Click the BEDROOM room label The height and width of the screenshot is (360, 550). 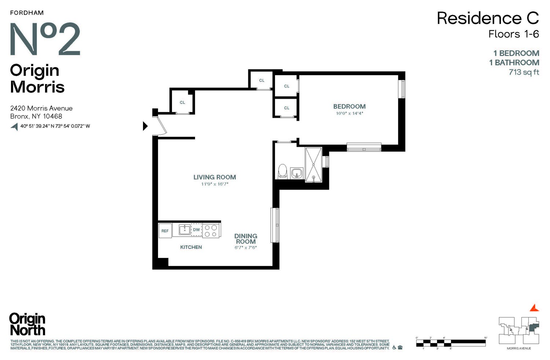349,106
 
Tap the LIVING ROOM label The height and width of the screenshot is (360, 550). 214,177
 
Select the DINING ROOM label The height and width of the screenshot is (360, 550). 246,239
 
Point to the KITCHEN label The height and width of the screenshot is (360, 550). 191,247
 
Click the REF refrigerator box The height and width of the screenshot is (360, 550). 165,231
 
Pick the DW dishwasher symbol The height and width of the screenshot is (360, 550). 197,230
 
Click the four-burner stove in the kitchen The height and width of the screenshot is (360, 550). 211,230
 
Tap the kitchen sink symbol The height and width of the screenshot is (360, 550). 184,230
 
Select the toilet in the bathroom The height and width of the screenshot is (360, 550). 282,171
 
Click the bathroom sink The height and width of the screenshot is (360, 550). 296,173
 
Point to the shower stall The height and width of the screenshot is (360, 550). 313,164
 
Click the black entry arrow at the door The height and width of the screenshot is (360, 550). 145,126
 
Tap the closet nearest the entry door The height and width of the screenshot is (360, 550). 182,102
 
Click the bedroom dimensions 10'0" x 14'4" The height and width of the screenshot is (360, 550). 349,114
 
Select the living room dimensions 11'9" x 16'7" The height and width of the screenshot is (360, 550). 214,184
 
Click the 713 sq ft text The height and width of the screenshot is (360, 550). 524,72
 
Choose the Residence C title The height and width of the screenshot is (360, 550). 487,18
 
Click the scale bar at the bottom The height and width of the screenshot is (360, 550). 451,343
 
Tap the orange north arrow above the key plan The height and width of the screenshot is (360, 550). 535,308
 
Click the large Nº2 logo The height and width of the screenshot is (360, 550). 45,39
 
